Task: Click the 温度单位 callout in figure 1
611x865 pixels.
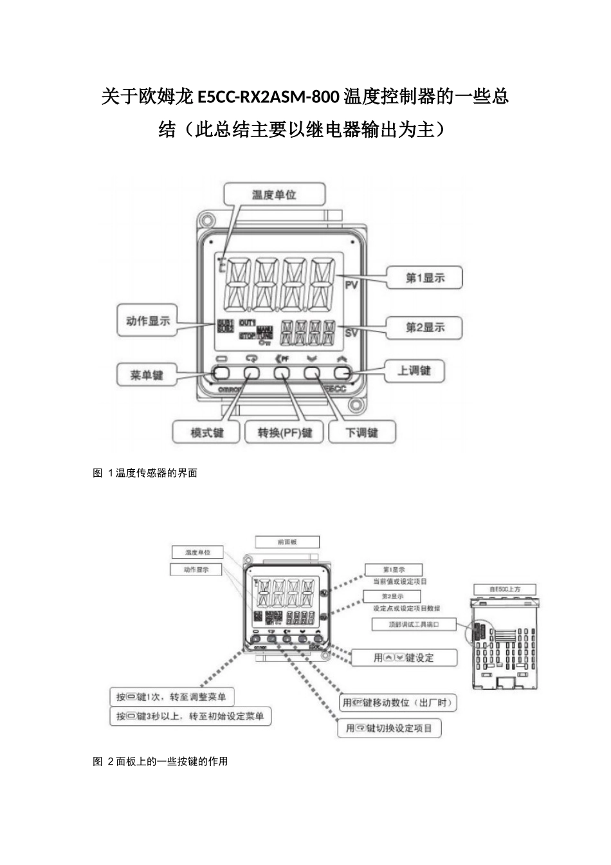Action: [274, 194]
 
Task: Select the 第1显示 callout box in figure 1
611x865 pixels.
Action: [424, 278]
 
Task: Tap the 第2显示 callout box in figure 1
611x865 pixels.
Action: [424, 327]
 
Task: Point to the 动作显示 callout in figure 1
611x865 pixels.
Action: [148, 321]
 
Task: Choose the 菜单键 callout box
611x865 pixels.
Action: [147, 375]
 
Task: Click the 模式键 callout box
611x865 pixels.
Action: [206, 432]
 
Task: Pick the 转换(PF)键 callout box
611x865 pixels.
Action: [284, 432]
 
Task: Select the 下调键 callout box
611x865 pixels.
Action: [361, 432]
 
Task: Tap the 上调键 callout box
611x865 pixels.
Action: [414, 370]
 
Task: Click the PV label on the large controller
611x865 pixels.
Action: [351, 284]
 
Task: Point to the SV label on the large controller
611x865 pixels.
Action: [351, 333]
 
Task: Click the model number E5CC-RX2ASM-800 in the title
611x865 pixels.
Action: [267, 97]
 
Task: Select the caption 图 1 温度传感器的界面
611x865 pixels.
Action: [145, 473]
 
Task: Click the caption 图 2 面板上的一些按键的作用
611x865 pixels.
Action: [161, 761]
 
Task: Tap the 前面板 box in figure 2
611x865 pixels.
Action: [287, 542]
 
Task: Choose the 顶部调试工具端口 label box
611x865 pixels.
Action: [414, 624]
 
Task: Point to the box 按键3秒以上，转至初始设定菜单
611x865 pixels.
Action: [190, 716]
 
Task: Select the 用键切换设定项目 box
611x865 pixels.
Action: [389, 728]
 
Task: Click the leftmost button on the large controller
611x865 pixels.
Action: [221, 373]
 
